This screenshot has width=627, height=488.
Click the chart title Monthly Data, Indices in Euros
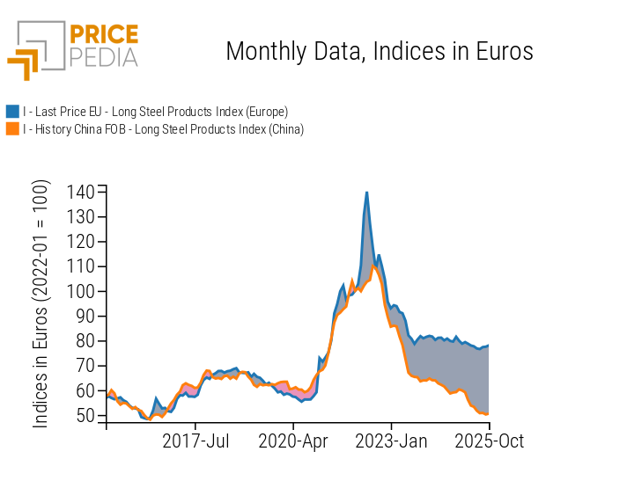[380, 51]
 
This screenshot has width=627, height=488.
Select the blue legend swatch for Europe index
[12, 111]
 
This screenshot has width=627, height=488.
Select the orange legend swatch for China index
[12, 129]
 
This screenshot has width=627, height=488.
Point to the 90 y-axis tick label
[85, 316]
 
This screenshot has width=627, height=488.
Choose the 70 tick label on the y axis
[85, 365]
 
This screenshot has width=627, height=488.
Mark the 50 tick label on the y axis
[85, 415]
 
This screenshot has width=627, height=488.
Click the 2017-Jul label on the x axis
[195, 441]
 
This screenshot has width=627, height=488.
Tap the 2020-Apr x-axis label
[293, 441]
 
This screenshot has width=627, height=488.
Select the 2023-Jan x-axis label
[392, 441]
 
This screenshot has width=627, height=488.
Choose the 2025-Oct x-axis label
[489, 441]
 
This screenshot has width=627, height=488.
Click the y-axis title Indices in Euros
[41, 305]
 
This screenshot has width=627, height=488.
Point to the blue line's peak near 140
[366, 193]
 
